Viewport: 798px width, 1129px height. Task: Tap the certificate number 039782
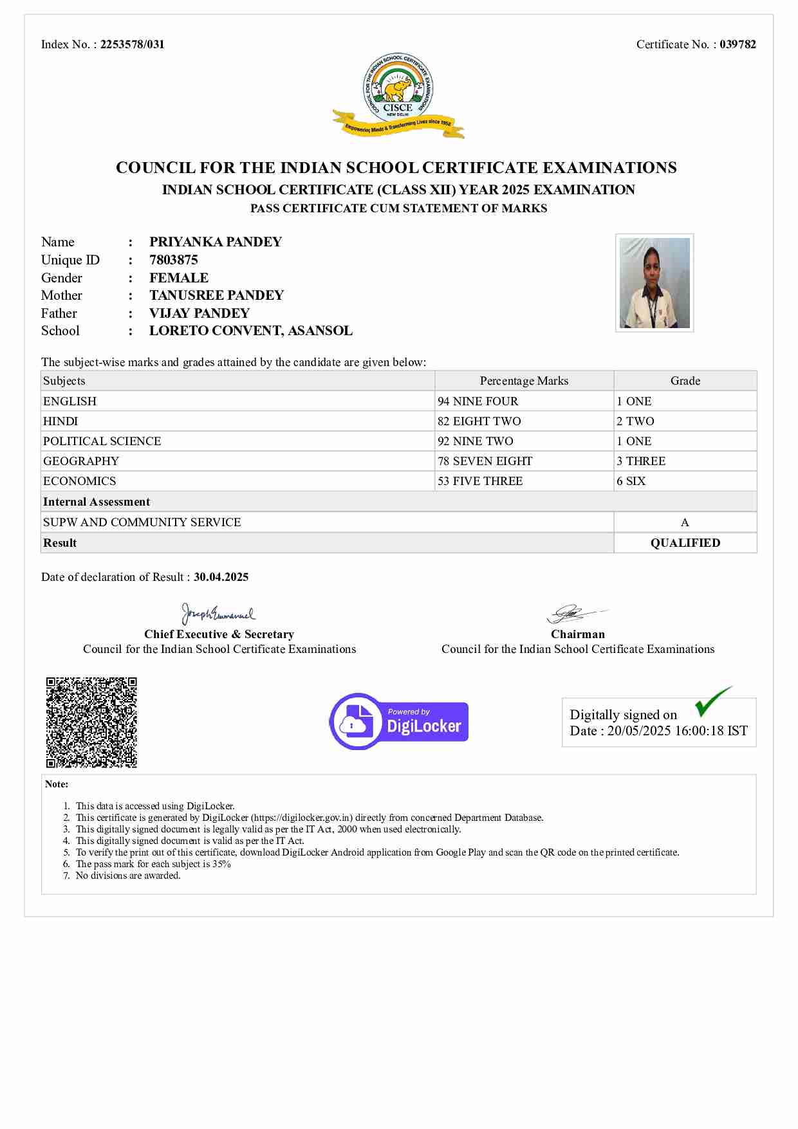click(738, 44)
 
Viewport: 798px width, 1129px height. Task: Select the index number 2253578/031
click(132, 44)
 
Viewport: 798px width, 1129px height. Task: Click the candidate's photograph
click(654, 283)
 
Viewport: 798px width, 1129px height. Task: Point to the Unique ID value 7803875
click(174, 260)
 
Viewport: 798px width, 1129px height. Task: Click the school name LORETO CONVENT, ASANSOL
click(251, 331)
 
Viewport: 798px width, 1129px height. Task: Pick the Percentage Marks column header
click(524, 381)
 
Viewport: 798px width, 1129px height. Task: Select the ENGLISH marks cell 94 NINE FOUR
click(478, 401)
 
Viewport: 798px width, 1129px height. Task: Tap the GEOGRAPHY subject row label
click(81, 461)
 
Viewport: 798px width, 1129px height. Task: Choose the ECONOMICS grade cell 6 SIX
click(631, 481)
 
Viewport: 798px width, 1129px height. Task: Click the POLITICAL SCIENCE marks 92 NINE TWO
click(476, 441)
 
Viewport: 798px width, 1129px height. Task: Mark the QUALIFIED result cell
click(685, 543)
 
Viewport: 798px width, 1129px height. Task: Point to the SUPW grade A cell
click(685, 522)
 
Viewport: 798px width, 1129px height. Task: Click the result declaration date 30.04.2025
click(221, 577)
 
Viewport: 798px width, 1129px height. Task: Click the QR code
click(91, 722)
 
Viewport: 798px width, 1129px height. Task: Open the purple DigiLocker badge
click(399, 722)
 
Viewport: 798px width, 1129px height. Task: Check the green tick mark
click(712, 702)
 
